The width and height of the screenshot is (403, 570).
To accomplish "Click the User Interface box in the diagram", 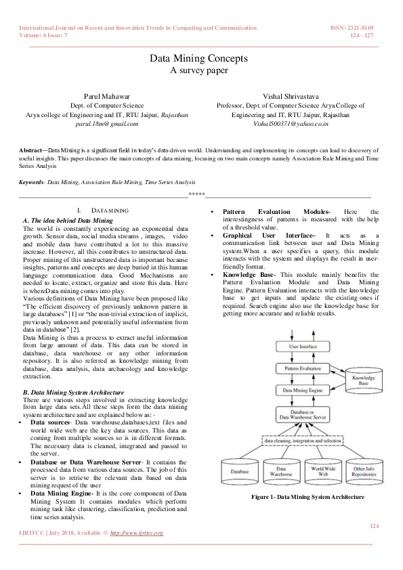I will [x=303, y=346].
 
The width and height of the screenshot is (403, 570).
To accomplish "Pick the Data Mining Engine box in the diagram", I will [x=303, y=390].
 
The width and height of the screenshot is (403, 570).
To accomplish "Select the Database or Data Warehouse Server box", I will [x=303, y=414].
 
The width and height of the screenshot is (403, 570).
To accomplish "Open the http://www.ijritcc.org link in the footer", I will [x=136, y=533].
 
